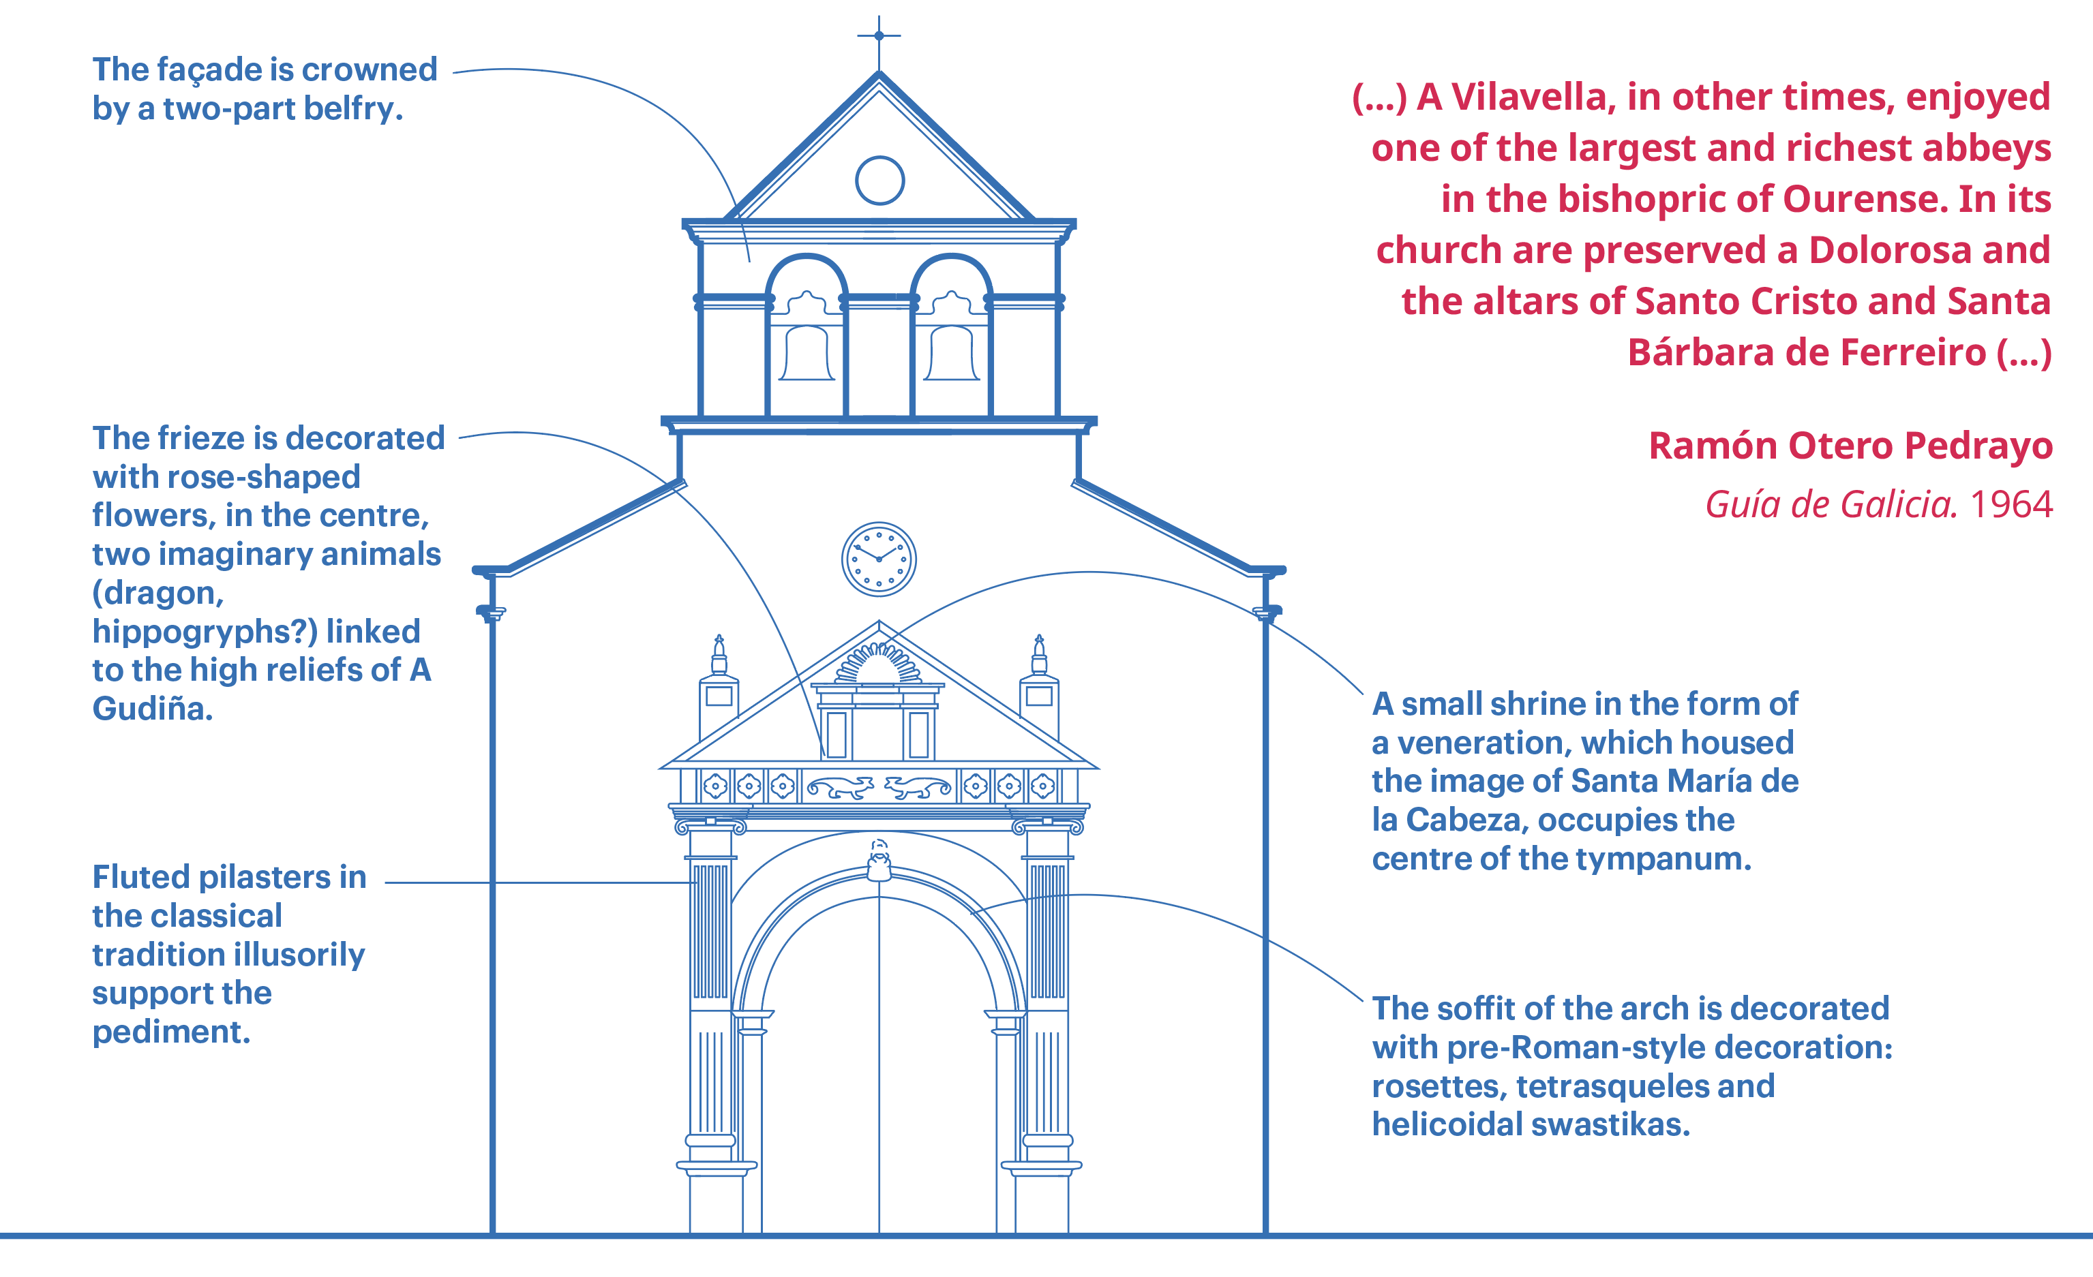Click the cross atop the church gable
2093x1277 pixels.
[879, 35]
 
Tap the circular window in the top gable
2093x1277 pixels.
[879, 180]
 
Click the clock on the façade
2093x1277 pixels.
[879, 559]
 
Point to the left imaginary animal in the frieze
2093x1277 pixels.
[839, 787]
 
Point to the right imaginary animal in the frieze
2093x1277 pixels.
[918, 787]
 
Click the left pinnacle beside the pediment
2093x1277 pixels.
[719, 688]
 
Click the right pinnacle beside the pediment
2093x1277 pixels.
[1039, 688]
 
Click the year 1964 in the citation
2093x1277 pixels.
[2011, 504]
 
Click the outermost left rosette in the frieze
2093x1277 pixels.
[715, 786]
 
